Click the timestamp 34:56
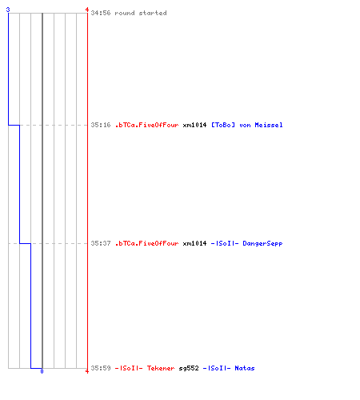pos(101,13)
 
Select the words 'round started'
pos(141,13)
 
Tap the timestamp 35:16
pos(101,125)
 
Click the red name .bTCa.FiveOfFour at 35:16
pos(147,125)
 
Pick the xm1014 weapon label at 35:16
pos(194,125)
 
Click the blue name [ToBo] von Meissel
pos(247,125)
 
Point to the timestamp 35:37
pos(101,243)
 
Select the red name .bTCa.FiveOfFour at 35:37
pos(147,243)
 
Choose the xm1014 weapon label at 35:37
pos(194,243)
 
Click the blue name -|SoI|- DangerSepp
pos(246,243)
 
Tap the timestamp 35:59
pos(101,368)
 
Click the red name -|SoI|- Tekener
pos(145,368)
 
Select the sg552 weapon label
pos(189,368)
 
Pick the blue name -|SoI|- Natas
pos(229,368)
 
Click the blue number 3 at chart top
pos(8,10)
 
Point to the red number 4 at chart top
pos(87,10)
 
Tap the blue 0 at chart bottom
pos(42,371)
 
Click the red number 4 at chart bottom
pos(87,371)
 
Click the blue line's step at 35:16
pos(14,125)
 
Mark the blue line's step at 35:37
pos(25,243)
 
